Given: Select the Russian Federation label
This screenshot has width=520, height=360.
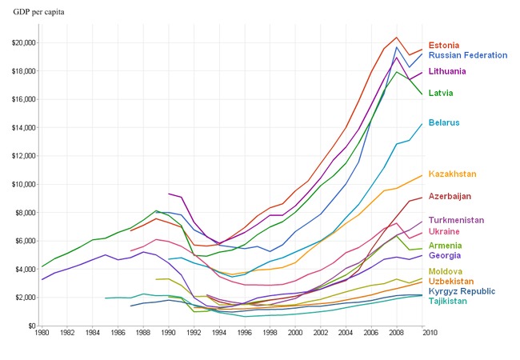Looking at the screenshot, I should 468,56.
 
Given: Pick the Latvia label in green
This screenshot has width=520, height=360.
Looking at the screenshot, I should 442,93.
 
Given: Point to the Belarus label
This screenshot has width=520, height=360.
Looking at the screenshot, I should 444,122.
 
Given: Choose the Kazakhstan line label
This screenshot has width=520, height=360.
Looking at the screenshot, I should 453,174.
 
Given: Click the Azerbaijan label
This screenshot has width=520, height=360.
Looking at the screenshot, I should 450,196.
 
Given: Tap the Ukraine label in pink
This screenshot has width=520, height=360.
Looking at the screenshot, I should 445,231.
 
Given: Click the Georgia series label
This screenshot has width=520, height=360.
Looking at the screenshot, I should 444,256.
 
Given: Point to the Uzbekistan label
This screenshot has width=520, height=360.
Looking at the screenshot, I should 450,282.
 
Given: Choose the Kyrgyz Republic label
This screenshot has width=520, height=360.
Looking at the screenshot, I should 462,293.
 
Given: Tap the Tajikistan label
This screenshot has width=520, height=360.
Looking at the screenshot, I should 448,302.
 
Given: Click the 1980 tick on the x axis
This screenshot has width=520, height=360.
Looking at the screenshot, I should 41,333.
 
